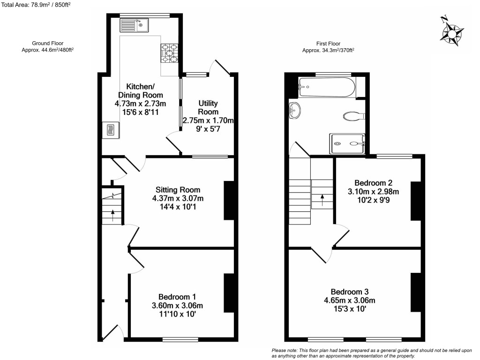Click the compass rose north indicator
(452, 33)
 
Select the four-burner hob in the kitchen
(169, 53)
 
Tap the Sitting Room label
(178, 190)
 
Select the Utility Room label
(208, 107)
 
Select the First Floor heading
(328, 43)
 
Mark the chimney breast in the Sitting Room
(229, 200)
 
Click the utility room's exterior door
(220, 68)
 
